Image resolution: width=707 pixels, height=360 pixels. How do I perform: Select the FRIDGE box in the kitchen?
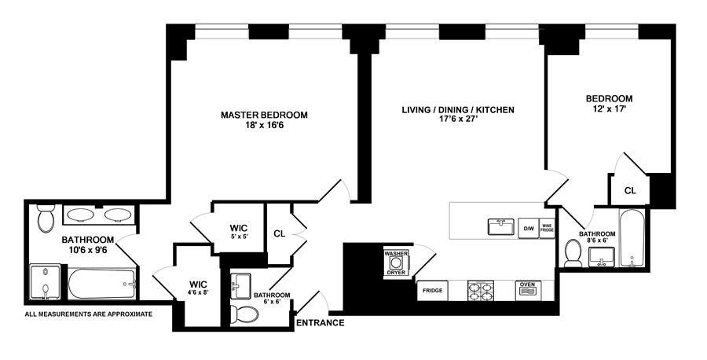pos(432,291)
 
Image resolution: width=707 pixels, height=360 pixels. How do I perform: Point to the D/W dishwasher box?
pos(529,229)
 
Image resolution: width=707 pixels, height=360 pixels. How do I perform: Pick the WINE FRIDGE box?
pos(547,228)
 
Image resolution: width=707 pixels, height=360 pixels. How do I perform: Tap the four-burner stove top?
pos(479,291)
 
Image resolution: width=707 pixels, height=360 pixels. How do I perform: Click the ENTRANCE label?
pos(320,323)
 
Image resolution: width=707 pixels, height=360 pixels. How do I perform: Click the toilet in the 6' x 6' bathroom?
pos(247,315)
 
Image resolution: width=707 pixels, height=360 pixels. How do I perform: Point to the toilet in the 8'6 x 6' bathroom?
pos(573,252)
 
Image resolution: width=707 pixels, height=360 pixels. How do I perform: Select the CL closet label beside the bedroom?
pos(630,190)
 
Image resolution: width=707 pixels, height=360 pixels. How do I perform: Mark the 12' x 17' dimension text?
pos(609,110)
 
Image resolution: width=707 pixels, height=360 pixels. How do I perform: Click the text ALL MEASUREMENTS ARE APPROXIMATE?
pos(88,314)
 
